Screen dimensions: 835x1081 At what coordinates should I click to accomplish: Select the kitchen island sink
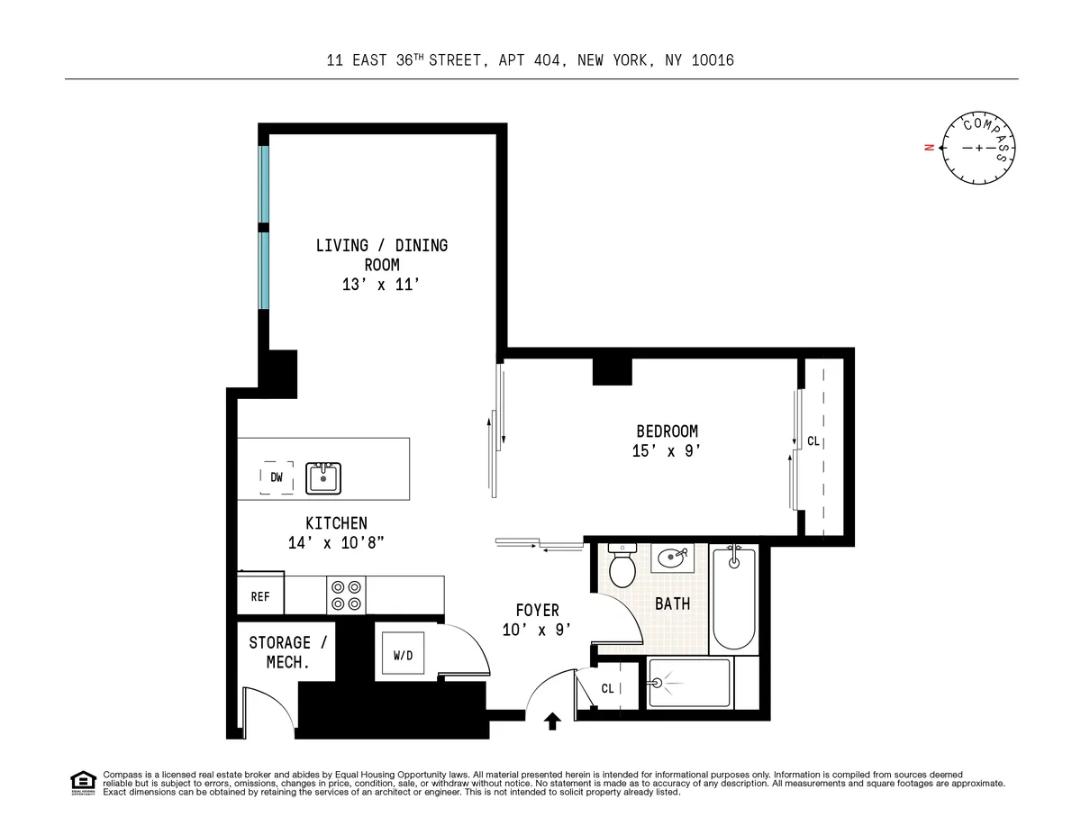(x=322, y=477)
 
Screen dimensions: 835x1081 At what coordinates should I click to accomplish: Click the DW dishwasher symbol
(x=277, y=477)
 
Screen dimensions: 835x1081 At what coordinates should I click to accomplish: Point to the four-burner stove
(x=345, y=594)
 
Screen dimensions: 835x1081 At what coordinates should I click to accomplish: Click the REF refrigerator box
(x=259, y=596)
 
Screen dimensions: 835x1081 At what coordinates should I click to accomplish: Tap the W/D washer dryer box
(x=403, y=656)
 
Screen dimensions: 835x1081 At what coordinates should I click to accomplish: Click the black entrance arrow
(x=552, y=720)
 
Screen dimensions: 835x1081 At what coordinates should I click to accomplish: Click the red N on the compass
(x=928, y=148)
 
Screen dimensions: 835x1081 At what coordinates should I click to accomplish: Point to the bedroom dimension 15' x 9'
(x=667, y=451)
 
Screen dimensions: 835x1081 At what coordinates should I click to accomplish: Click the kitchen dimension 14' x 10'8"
(x=336, y=543)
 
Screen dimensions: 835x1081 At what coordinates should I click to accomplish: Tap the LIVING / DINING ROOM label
(x=381, y=255)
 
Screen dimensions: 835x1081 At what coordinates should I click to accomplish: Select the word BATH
(x=672, y=604)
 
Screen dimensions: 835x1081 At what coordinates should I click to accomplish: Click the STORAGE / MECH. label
(x=280, y=652)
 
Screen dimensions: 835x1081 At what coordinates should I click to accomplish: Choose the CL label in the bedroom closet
(x=813, y=441)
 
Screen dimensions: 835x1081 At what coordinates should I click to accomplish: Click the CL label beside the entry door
(x=607, y=688)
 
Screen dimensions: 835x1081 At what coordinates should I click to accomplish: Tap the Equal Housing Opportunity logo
(x=83, y=783)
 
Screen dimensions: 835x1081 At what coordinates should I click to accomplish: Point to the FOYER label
(x=537, y=610)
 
